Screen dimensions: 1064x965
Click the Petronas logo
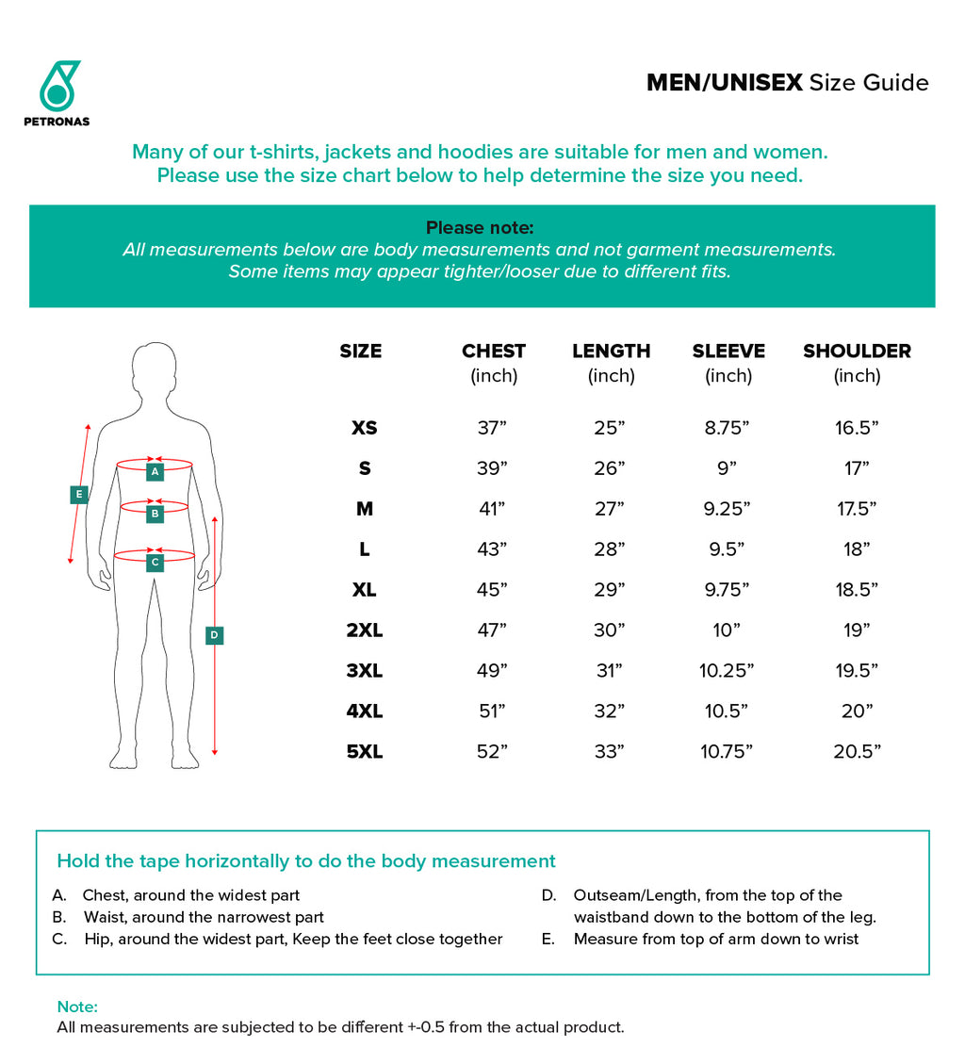coord(57,92)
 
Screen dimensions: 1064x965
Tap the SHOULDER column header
coord(857,352)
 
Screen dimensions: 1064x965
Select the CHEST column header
coord(493,352)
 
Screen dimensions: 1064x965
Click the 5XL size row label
coord(365,752)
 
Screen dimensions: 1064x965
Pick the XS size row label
coord(365,428)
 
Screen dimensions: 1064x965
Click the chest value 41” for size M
coord(492,509)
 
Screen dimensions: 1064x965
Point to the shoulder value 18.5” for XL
coord(857,590)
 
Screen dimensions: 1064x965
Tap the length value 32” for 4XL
coord(610,712)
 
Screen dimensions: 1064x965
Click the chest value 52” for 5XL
coord(492,752)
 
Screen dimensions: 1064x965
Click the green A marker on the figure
coord(155,471)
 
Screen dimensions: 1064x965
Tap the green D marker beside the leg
coord(215,635)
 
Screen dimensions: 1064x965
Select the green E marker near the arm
coord(79,494)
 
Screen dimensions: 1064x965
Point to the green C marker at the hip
coord(155,563)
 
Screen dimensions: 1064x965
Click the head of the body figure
coord(155,369)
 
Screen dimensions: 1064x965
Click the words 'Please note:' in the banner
coord(480,228)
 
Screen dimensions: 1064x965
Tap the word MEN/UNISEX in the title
coord(724,83)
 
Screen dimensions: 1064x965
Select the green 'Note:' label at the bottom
coord(77,1007)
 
